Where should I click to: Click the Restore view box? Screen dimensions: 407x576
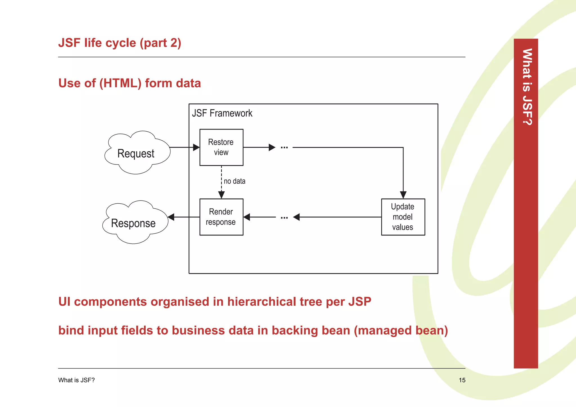coord(221,147)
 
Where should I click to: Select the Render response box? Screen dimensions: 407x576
coord(221,217)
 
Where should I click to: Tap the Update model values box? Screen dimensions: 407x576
coord(403,217)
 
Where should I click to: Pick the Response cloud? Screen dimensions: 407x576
coord(134,222)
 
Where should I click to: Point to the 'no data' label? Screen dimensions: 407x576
coord(235,181)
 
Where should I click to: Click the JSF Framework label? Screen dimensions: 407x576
coord(222,113)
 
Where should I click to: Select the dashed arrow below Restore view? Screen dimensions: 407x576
coord(221,180)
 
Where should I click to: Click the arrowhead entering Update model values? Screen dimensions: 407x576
coord(403,195)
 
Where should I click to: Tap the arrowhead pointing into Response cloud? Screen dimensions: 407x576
coord(171,217)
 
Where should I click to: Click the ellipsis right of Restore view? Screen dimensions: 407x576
coord(284,147)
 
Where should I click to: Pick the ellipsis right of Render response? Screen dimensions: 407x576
coord(284,217)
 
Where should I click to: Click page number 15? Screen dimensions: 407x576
coord(462,380)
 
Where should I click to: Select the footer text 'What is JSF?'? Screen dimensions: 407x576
coord(76,380)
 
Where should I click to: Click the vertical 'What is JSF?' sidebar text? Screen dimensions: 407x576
coord(527,87)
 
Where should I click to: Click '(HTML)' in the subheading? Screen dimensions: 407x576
coord(120,83)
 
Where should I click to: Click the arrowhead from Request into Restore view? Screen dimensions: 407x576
coord(196,147)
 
